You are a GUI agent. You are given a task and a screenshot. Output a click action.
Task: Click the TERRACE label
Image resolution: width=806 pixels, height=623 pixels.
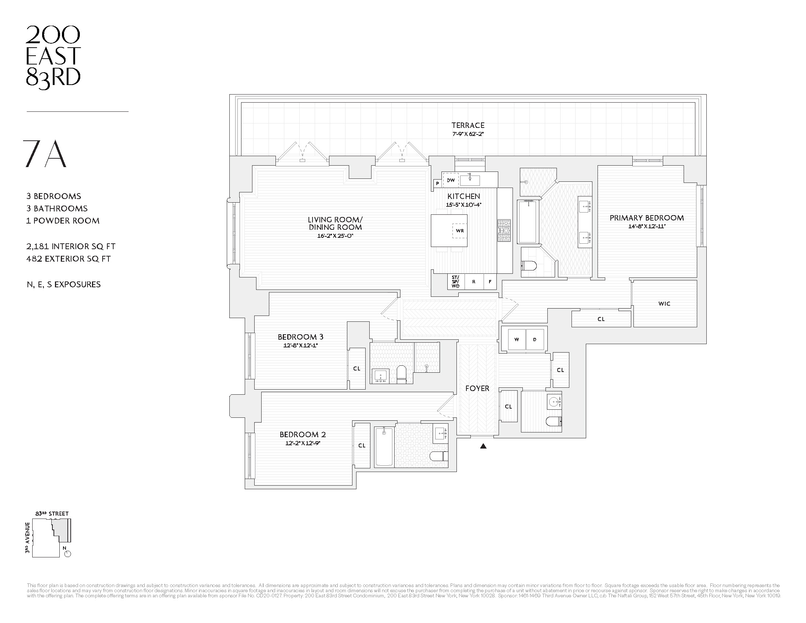pos(467,125)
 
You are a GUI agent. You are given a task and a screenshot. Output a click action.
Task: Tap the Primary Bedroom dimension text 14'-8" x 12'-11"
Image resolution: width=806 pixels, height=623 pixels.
pos(647,226)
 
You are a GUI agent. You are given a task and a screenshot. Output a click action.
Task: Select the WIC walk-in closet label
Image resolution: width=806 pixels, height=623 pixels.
pos(664,304)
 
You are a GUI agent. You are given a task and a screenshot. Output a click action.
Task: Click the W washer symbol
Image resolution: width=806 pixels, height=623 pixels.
pos(517,339)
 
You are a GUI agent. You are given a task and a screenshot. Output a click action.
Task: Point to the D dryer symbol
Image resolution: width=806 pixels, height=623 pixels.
pos(535,339)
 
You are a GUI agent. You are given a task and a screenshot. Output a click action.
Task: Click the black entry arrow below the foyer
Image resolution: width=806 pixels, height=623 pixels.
pos(483,446)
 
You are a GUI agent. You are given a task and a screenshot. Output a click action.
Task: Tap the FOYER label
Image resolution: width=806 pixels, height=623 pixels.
pos(477,388)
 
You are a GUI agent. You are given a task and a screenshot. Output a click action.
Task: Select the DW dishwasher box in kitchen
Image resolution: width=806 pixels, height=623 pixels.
pos(451,180)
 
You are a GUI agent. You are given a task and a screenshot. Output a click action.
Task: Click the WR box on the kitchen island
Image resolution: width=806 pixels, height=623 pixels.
pos(459,231)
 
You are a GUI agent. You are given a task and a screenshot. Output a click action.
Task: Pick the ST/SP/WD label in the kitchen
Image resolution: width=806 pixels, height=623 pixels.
pos(455,281)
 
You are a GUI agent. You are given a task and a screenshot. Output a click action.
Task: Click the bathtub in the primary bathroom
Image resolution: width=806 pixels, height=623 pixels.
pos(527,221)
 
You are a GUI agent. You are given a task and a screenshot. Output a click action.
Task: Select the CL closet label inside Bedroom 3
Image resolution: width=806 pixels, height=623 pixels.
pos(356,368)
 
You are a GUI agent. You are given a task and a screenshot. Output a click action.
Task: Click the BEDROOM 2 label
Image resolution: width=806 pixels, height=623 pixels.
pos(303,434)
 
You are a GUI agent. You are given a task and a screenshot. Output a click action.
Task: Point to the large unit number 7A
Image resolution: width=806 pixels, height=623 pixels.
pos(45,154)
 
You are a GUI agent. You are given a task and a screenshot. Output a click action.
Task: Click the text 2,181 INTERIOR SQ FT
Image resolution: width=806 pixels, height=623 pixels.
pos(71,246)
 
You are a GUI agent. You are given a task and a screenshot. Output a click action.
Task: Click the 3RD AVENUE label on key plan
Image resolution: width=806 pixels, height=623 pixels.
pos(27,537)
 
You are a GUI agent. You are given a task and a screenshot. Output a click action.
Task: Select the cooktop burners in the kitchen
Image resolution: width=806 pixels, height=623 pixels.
pos(504,231)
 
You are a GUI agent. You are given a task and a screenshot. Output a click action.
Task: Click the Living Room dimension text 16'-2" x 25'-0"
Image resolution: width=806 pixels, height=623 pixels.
pos(335,236)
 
